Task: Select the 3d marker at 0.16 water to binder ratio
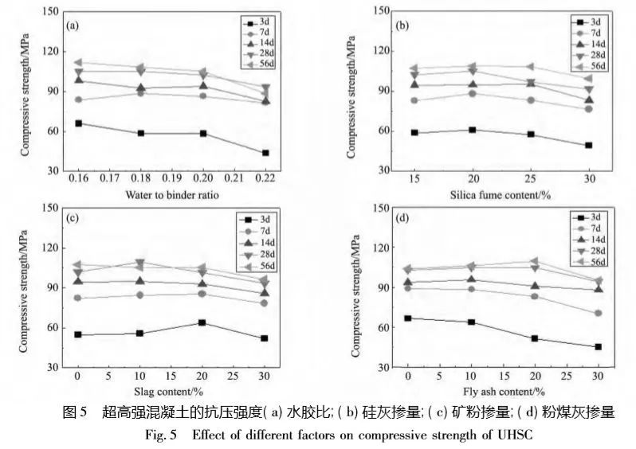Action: [x=78, y=123]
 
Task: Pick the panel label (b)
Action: [x=402, y=25]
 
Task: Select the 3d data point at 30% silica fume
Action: [x=588, y=145]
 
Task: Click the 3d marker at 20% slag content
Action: [x=202, y=322]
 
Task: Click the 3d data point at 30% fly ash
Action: [x=597, y=347]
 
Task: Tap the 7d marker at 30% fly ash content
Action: [x=597, y=313]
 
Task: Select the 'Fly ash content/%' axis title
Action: [x=504, y=391]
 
